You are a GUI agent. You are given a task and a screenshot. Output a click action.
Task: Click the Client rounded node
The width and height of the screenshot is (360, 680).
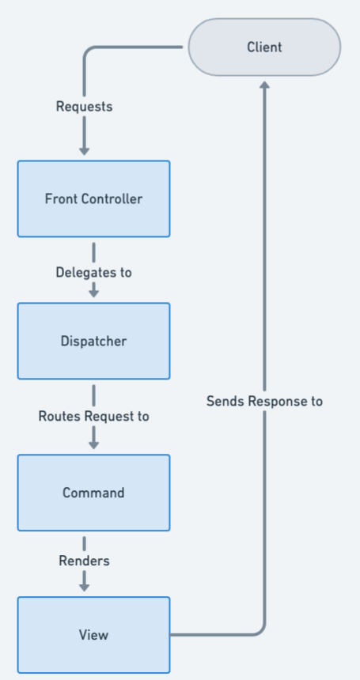[x=264, y=47]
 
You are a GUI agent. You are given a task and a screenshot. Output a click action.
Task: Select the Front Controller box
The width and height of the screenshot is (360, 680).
[x=93, y=198]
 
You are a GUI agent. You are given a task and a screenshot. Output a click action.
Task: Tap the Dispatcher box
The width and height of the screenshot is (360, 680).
[x=93, y=341]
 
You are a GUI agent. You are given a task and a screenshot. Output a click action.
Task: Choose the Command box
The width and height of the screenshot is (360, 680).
[x=93, y=493]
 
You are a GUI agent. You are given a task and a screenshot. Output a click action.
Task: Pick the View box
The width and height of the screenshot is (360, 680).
[x=93, y=634]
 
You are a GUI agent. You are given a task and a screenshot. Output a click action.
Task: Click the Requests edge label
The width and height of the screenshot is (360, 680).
[x=84, y=106]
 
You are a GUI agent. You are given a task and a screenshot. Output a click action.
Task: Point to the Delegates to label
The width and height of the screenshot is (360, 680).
[x=93, y=272]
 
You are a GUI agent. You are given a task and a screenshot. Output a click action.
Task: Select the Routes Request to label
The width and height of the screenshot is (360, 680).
[x=93, y=415]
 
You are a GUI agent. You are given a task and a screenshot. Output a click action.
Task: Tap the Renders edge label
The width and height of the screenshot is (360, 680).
[x=84, y=561]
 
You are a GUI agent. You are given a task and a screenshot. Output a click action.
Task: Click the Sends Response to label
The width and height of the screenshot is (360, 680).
[x=264, y=401]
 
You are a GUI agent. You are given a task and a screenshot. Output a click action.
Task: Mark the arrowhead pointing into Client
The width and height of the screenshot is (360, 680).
[x=264, y=84]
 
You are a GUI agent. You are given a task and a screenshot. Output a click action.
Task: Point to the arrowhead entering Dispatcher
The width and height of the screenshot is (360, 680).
[x=93, y=292]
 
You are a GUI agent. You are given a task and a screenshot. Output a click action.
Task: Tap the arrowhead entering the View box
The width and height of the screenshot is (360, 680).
[x=84, y=586]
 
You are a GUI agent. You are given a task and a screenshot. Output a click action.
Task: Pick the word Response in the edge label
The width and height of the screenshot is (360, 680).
[x=276, y=401]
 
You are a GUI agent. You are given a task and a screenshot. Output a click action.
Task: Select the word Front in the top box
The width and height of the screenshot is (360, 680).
[x=59, y=198]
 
